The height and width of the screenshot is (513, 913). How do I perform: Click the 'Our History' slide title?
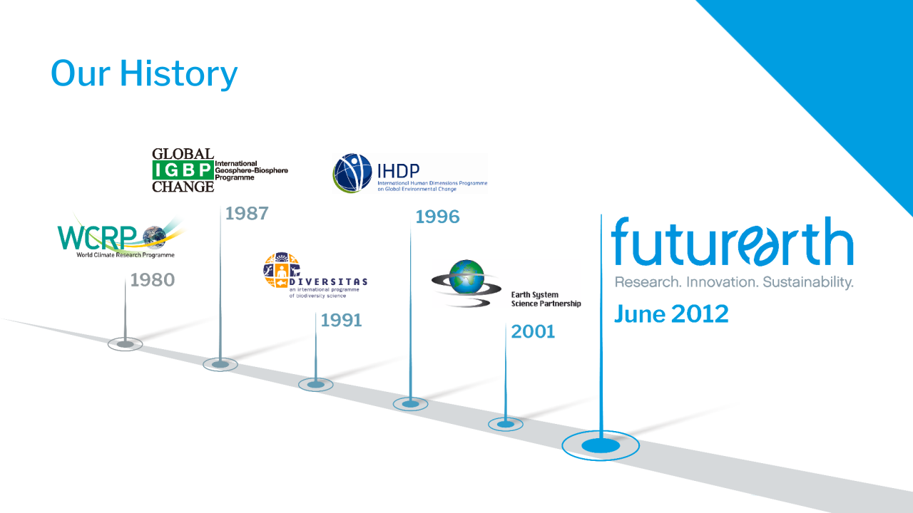pos(144,73)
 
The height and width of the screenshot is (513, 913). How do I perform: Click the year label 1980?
pos(153,280)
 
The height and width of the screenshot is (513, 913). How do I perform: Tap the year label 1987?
pos(247,213)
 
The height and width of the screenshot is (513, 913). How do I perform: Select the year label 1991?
pos(341,321)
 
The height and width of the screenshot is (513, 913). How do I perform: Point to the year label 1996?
pos(437,217)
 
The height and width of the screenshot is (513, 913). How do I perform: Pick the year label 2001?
pos(533,331)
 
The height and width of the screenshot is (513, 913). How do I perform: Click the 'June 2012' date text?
pos(671,314)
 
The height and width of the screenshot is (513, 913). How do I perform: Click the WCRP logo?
pos(118,237)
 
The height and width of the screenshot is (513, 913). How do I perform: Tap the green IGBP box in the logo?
pos(183,170)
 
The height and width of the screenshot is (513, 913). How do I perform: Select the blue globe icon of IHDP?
pos(352,173)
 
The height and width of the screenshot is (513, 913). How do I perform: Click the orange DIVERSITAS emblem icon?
pos(281,270)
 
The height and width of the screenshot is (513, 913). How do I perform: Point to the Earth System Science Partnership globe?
pos(466,281)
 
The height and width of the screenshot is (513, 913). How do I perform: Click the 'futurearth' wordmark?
pos(732,242)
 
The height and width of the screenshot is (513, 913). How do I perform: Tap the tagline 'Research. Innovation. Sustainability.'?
pos(734,282)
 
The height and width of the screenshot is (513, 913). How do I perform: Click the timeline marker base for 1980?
pos(126,344)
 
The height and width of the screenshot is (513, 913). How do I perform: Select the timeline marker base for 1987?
pos(220,364)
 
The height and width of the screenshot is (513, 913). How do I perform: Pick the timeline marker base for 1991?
pos(316,385)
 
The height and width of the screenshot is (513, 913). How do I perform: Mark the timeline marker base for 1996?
pos(411,404)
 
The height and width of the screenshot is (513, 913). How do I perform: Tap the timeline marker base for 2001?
pos(506,424)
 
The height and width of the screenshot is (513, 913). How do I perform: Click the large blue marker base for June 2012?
pos(601,446)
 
